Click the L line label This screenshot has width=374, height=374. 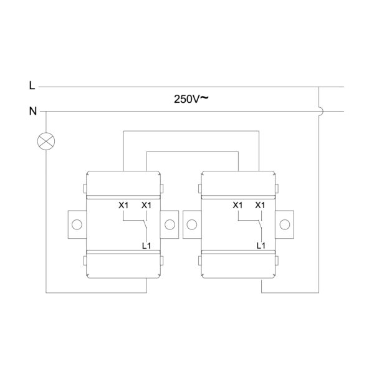pyautogui.click(x=32, y=85)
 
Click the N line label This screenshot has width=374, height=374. pyautogui.click(x=33, y=111)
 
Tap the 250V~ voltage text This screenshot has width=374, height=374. pyautogui.click(x=191, y=98)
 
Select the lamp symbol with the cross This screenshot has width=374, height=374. pyautogui.click(x=46, y=141)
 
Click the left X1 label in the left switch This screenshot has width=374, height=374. pyautogui.click(x=123, y=205)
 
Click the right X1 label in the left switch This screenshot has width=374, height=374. pyautogui.click(x=146, y=205)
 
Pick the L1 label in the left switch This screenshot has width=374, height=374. pyautogui.click(x=146, y=246)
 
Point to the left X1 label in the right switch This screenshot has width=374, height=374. pyautogui.click(x=237, y=205)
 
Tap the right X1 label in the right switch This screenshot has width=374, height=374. pyautogui.click(x=260, y=205)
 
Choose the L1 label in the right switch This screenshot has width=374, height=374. pyautogui.click(x=261, y=246)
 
